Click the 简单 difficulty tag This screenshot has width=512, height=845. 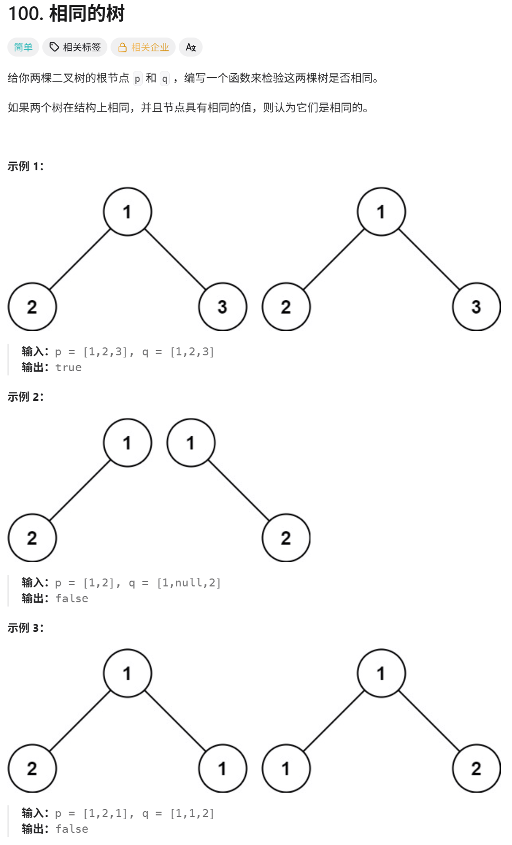click(23, 47)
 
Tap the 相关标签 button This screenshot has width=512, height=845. click(75, 47)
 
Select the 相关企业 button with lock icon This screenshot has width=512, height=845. click(143, 47)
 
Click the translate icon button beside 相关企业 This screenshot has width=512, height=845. click(191, 47)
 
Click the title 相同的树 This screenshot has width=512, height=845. click(87, 14)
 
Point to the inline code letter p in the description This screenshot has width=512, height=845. click(138, 78)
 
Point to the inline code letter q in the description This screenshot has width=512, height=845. click(165, 78)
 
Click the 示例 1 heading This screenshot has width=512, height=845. click(25, 167)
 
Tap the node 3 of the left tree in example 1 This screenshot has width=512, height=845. click(223, 307)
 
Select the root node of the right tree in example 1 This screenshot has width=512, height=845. click(381, 212)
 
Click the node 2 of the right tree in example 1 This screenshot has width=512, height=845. click(286, 307)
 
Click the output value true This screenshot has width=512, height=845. click(69, 368)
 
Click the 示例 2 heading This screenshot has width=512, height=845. click(25, 397)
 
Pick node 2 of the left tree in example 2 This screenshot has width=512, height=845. click(32, 538)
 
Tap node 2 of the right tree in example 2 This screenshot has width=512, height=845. click(286, 538)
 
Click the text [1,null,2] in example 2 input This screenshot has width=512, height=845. click(189, 583)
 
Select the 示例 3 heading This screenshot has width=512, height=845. click(25, 628)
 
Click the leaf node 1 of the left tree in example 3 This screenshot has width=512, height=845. click(223, 768)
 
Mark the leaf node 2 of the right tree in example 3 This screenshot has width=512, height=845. click(476, 768)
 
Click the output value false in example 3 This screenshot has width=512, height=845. click(72, 829)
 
